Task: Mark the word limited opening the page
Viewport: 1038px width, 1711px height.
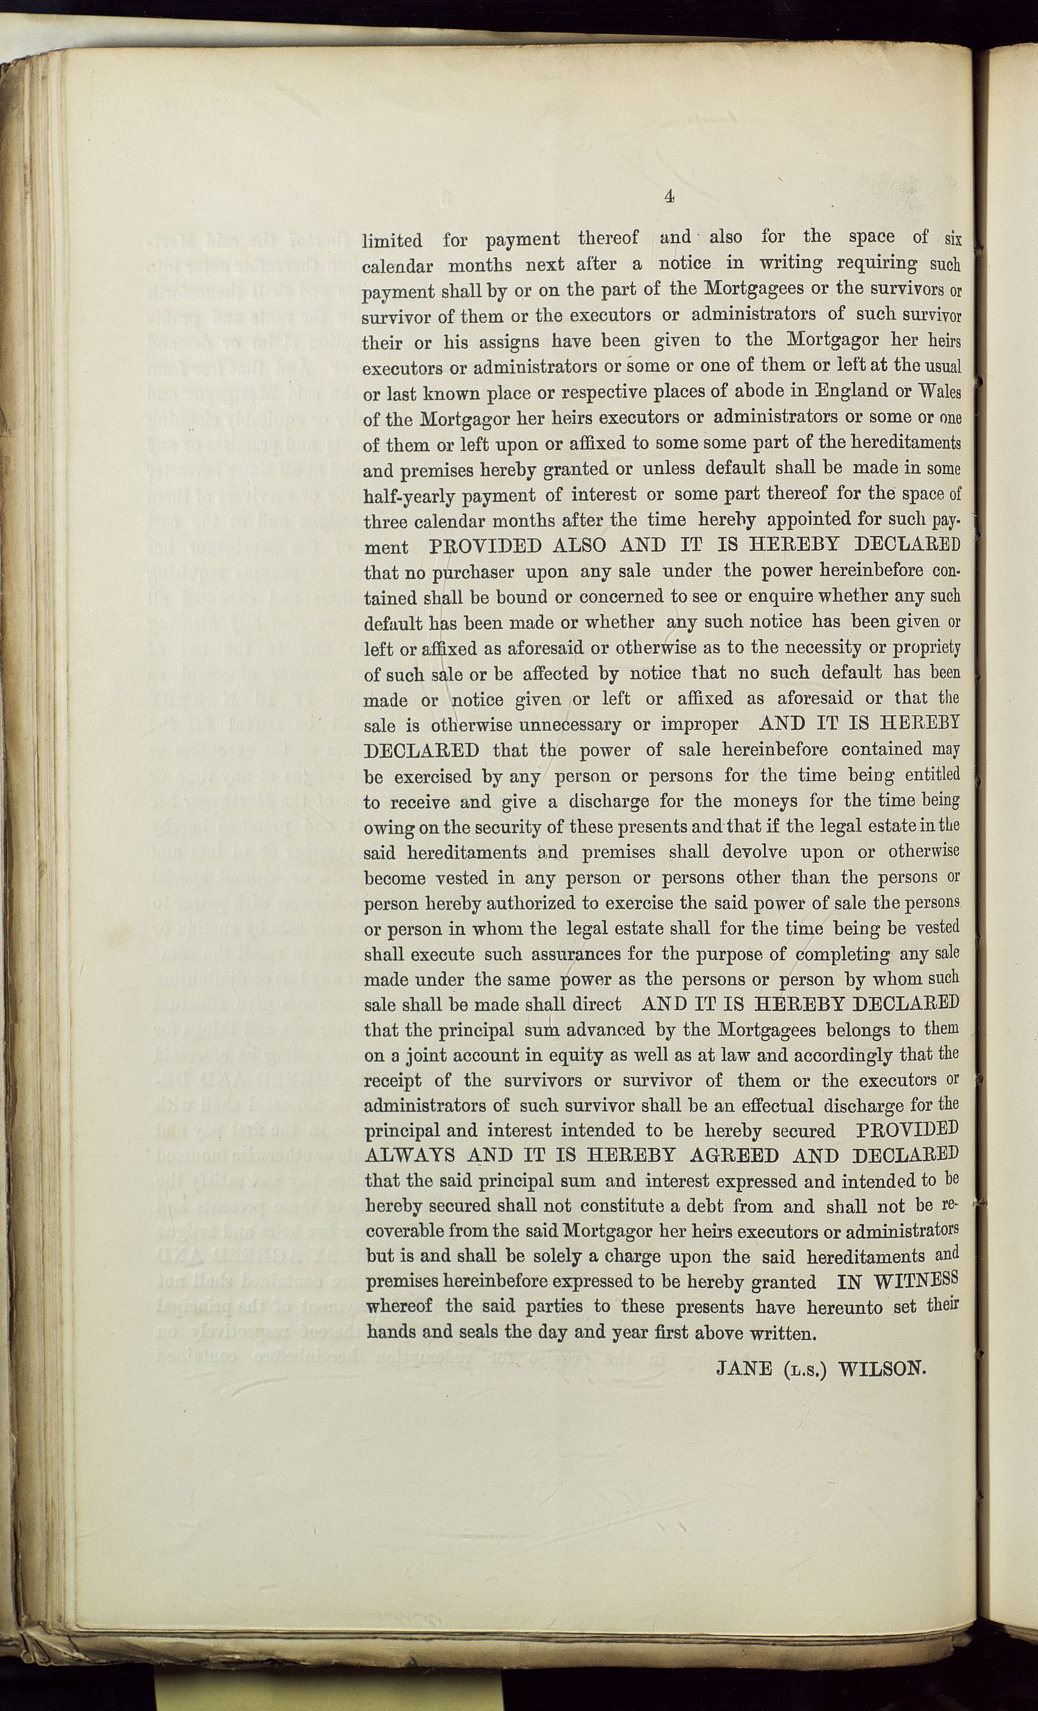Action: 392,241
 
